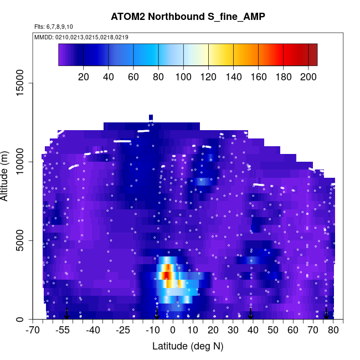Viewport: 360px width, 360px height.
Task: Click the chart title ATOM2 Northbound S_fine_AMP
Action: click(188, 17)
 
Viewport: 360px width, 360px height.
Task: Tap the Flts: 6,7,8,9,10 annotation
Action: click(53, 27)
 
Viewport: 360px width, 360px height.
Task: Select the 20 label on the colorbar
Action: click(84, 77)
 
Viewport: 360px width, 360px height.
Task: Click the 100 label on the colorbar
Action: click(183, 77)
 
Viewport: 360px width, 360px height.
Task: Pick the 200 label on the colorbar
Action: click(308, 77)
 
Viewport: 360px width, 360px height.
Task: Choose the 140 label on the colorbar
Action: click(233, 77)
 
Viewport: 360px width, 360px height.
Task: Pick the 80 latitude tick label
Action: click(333, 331)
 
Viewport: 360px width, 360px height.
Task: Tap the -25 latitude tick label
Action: click(124, 331)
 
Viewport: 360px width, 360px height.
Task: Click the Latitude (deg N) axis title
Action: click(188, 346)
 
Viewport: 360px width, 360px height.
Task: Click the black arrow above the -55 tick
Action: click(66, 313)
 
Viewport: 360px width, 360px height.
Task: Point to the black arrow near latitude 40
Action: click(251, 313)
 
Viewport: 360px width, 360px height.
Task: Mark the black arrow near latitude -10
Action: click(157, 313)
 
